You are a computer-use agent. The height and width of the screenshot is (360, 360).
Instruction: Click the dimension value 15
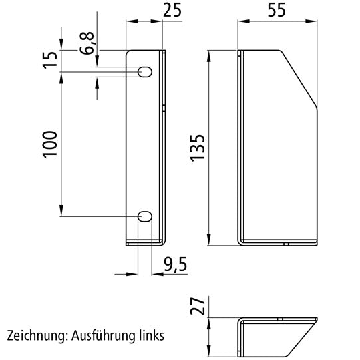51,61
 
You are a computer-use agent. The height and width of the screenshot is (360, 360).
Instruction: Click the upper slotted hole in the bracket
144,72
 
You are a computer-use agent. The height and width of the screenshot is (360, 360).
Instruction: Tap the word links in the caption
148,335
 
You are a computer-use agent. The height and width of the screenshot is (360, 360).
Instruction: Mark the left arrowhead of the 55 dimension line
241,21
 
